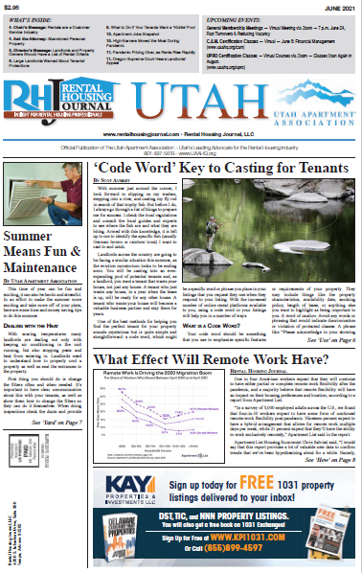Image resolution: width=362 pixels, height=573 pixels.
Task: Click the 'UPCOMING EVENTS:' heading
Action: point(237,18)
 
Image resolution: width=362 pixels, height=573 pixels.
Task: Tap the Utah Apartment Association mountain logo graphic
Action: point(305,91)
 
